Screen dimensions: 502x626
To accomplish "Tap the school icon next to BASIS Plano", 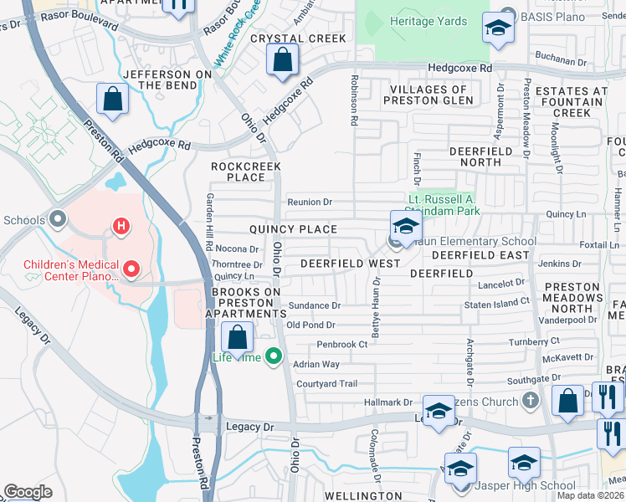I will point(498,29).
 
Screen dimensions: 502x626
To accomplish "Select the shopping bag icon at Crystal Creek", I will point(283,59).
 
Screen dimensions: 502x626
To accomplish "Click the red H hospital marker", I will point(121,226).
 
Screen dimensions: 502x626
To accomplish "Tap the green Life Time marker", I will point(273,357).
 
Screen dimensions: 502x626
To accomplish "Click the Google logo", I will point(28,492).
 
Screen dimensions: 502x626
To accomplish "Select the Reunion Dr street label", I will point(310,202).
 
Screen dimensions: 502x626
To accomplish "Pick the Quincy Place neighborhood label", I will point(292,229).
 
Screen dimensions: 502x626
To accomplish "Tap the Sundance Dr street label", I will point(314,306).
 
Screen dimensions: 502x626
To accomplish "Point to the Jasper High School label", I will point(525,486).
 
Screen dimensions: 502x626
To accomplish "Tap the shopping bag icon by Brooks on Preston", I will point(238,338).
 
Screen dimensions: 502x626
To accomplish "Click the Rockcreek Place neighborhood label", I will point(238,172).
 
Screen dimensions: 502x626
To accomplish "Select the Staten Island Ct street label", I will point(497,301).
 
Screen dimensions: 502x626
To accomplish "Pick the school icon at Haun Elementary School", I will point(405,227).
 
